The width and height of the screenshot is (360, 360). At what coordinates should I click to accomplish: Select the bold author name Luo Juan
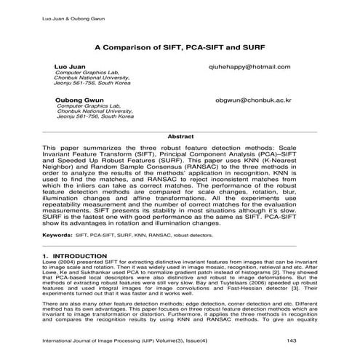(69, 66)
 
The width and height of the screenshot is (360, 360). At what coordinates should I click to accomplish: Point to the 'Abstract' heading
(180, 135)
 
